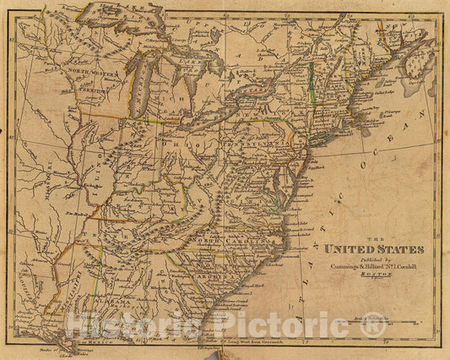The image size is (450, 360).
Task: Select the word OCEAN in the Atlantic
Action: (402, 142)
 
